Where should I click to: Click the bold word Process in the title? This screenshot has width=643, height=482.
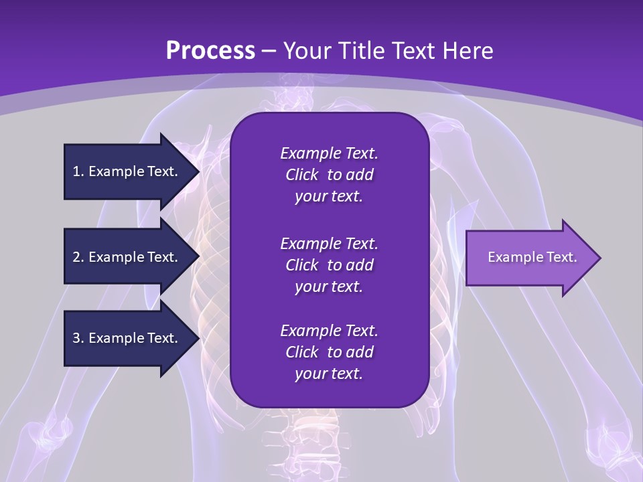click(210, 51)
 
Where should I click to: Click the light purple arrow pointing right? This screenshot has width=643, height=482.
click(529, 258)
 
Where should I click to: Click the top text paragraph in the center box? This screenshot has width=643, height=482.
click(329, 175)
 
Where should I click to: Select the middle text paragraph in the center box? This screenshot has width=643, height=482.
click(329, 264)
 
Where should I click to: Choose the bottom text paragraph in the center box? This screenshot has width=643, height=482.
click(329, 352)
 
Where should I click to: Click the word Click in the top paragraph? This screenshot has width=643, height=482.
click(301, 175)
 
